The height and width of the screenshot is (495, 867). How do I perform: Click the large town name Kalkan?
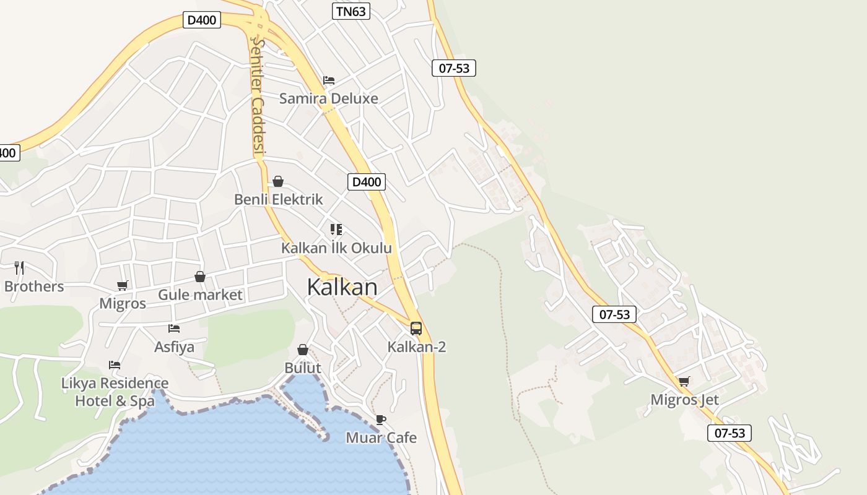tap(342, 287)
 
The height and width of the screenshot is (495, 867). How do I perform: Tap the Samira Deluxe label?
tap(328, 98)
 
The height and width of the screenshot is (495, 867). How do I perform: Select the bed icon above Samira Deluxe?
tap(329, 80)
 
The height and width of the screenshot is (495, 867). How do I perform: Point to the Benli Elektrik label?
tap(278, 199)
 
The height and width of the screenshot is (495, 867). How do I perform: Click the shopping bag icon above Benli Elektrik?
tap(278, 181)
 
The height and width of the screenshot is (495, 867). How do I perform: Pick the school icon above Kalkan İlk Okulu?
tap(336, 230)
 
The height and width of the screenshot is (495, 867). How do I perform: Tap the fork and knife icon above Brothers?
tap(19, 267)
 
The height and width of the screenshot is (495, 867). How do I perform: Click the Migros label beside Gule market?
tap(123, 303)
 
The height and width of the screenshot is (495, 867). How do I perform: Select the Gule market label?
tap(200, 295)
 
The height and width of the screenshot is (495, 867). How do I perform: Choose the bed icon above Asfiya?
tap(174, 329)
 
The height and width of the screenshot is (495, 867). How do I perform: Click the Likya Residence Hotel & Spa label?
tap(115, 392)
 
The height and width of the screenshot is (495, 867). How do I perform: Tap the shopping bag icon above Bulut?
tap(303, 350)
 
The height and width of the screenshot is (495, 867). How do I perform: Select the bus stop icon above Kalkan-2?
tap(416, 329)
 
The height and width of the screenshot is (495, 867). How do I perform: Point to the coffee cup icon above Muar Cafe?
tap(381, 420)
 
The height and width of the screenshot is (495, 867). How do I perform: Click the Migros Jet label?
tap(684, 400)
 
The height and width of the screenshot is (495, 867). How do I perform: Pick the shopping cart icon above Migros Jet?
tap(684, 381)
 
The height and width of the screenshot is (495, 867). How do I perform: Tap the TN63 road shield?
tap(351, 11)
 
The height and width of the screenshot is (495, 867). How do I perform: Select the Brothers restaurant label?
tap(34, 286)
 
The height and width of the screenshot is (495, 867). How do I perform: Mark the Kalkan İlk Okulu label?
tap(336, 248)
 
